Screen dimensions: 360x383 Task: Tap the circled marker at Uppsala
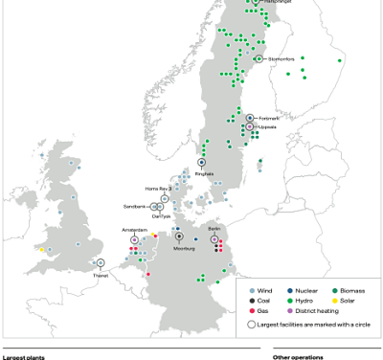(x=250, y=126)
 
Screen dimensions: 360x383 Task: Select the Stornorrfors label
(x=282, y=58)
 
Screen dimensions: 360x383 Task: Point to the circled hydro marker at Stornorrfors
(x=259, y=58)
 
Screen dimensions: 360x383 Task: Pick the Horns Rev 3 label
(x=157, y=189)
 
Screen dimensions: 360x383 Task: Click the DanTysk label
(x=161, y=216)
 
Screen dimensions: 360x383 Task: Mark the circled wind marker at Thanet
(x=100, y=262)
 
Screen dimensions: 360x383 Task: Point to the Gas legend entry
(x=260, y=310)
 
